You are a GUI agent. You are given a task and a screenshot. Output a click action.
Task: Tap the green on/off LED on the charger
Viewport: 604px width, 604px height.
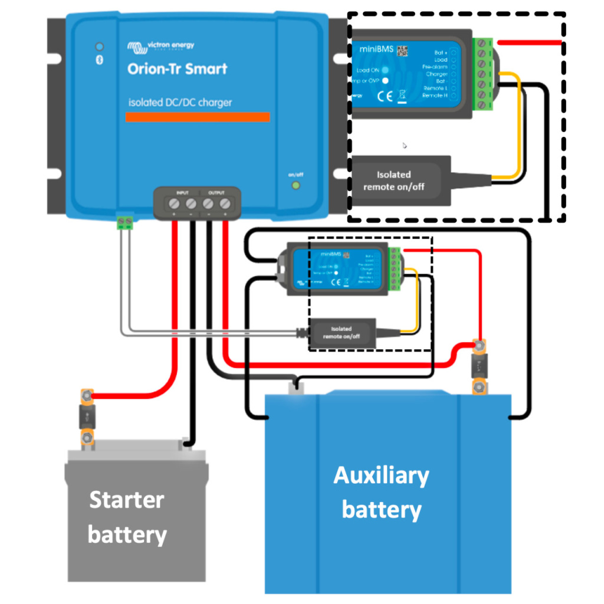(296, 185)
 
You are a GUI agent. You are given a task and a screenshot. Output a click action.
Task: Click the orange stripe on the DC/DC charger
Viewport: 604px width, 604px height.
(198, 117)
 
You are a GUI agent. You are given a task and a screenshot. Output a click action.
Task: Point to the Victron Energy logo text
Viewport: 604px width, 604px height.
(169, 45)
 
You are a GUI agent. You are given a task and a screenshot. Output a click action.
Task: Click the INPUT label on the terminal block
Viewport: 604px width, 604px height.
(182, 193)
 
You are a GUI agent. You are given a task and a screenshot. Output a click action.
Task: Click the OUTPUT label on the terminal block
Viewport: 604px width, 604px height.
(216, 193)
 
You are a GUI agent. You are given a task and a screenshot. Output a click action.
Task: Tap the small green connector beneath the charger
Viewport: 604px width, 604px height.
(124, 222)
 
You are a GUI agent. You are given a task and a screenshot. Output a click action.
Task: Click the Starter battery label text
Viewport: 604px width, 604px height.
(127, 517)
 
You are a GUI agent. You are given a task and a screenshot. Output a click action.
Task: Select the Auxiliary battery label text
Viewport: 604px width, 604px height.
(382, 492)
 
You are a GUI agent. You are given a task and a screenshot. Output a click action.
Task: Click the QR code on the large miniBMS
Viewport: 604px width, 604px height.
(403, 51)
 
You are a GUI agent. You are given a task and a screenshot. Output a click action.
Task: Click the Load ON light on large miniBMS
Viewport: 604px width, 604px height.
(385, 70)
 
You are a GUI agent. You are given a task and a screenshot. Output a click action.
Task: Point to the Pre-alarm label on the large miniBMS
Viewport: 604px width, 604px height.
(435, 67)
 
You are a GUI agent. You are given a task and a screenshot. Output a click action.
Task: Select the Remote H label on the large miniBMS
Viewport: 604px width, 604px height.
(435, 95)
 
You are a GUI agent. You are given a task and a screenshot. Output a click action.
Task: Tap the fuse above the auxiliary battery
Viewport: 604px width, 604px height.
(480, 366)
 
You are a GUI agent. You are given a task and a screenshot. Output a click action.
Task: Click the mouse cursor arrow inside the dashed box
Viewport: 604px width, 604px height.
(405, 145)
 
